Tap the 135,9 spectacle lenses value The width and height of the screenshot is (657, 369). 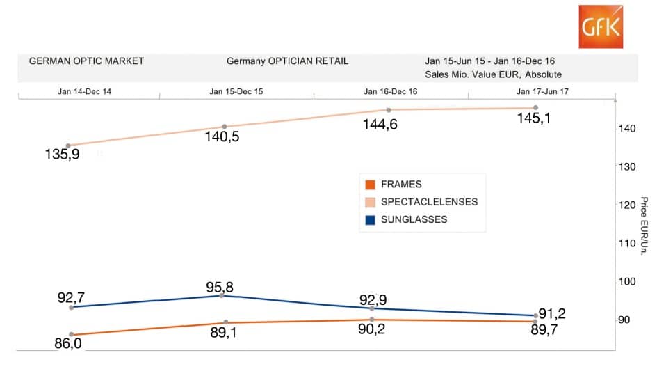tap(63, 155)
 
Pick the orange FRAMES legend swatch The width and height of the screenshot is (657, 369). tap(370, 184)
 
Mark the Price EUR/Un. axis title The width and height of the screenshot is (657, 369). tap(644, 226)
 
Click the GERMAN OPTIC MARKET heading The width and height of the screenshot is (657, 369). tap(86, 61)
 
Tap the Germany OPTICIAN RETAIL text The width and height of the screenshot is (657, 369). tap(287, 61)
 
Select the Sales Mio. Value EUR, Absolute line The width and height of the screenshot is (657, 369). tap(493, 74)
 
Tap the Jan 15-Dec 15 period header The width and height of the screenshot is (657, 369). tap(236, 91)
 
